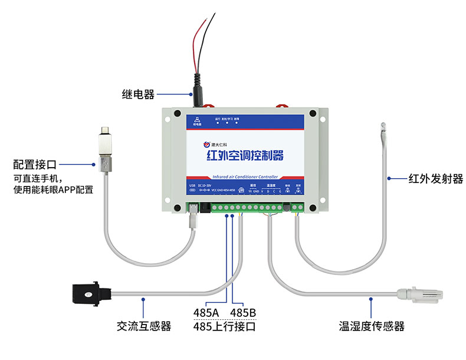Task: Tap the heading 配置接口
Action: [38, 163]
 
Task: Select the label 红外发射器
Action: [435, 178]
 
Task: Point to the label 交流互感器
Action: [144, 325]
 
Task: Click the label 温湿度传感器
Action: [371, 326]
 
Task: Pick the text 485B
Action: [242, 312]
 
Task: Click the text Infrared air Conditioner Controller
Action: [244, 176]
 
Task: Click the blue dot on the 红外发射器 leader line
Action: [389, 178]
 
